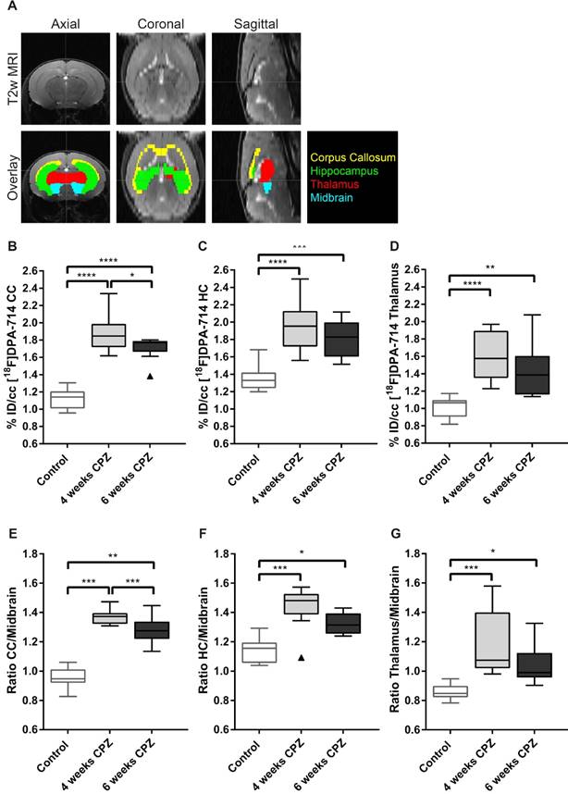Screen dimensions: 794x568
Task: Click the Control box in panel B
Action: [68, 399]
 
